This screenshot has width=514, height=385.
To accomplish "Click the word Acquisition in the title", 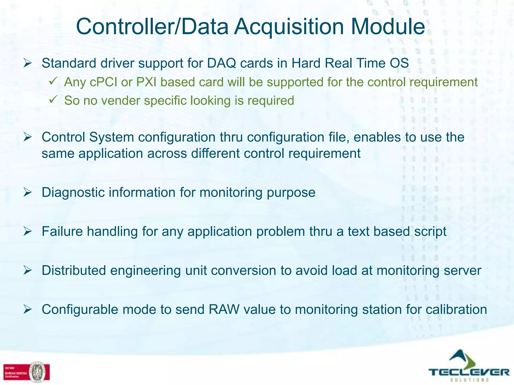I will tap(289, 27).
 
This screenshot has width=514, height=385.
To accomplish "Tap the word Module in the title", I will tap(388, 27).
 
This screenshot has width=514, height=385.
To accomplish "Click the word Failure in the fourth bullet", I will tap(62, 231).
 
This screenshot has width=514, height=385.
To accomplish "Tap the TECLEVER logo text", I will tap(469, 372).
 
